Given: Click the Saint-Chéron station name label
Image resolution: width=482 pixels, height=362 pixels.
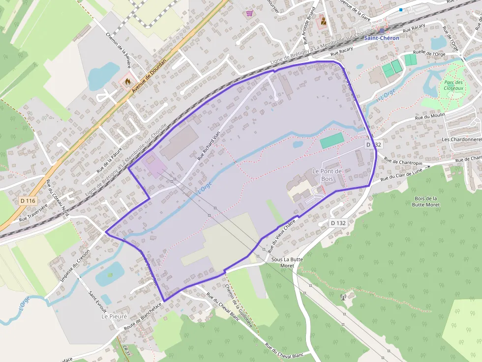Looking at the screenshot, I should pyautogui.click(x=381, y=38).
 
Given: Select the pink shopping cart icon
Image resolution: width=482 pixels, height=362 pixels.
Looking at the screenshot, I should pyautogui.click(x=249, y=13).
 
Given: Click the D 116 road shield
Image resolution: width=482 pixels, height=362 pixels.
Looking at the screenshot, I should pyautogui.click(x=29, y=201).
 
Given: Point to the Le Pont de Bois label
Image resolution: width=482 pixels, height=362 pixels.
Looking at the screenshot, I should pyautogui.click(x=327, y=174).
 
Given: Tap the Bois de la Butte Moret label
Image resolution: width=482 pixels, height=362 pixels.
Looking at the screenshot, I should pyautogui.click(x=425, y=201).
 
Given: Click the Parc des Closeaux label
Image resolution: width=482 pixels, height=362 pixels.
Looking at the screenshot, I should pyautogui.click(x=453, y=85).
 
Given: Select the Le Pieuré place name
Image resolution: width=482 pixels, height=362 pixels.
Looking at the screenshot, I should pyautogui.click(x=114, y=317).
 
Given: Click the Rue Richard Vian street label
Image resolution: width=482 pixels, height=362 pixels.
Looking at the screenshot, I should pyautogui.click(x=208, y=146).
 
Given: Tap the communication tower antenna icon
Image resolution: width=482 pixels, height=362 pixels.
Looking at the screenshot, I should pyautogui.click(x=344, y=297).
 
